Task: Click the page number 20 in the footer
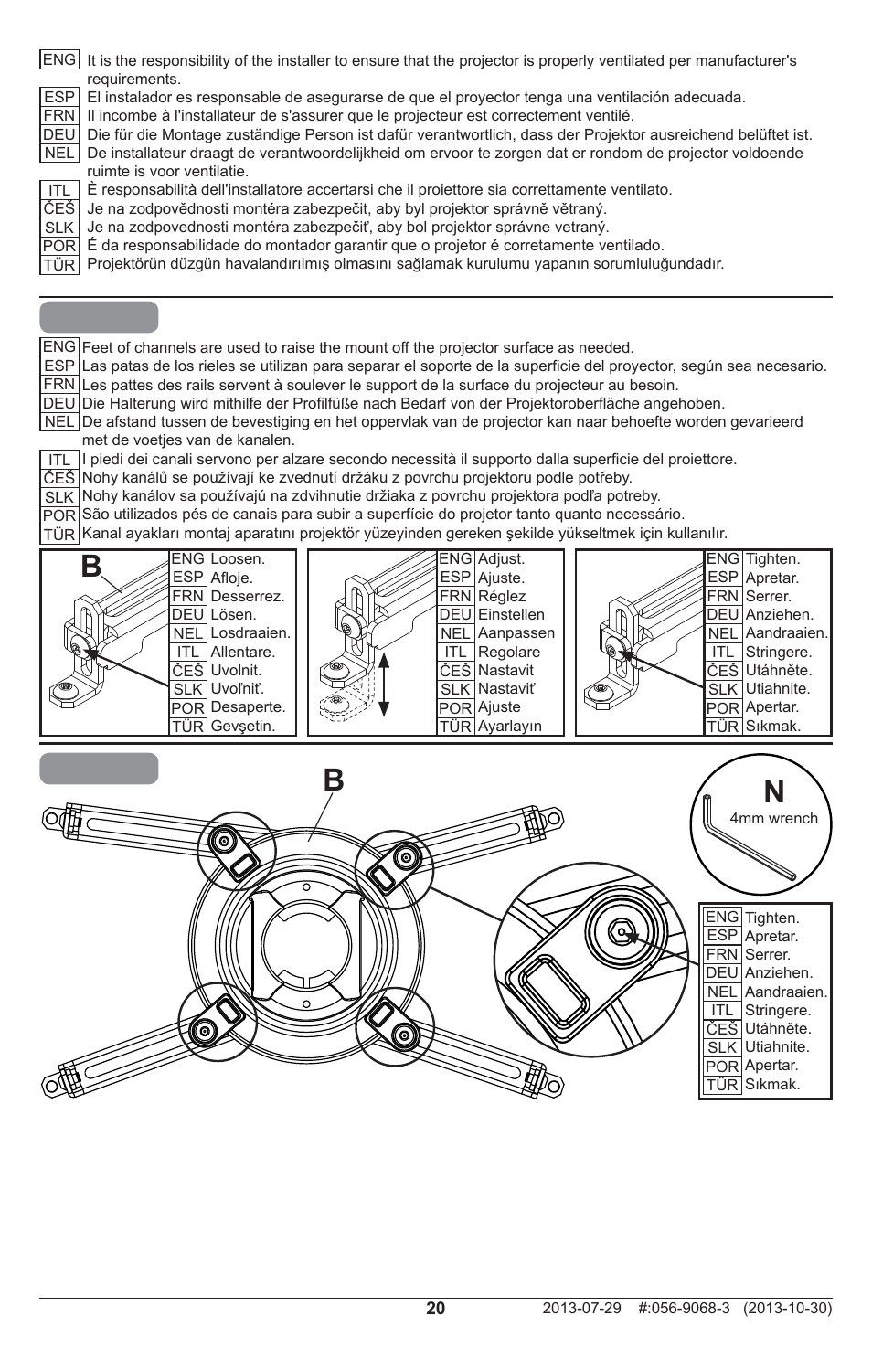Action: point(435,1308)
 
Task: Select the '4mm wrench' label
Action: point(773,818)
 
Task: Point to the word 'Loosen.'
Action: point(238,558)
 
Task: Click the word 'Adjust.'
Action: point(502,558)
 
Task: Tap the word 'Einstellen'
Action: point(511,615)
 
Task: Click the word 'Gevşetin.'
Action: point(242,727)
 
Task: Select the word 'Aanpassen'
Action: point(516,633)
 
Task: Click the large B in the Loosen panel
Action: point(90,568)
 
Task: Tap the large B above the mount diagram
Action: point(334,780)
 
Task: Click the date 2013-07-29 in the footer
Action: point(580,1309)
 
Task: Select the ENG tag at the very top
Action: point(59,59)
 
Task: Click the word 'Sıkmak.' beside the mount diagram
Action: point(772,1085)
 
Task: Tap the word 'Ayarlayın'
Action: point(510,727)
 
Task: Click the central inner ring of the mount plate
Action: point(306,946)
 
